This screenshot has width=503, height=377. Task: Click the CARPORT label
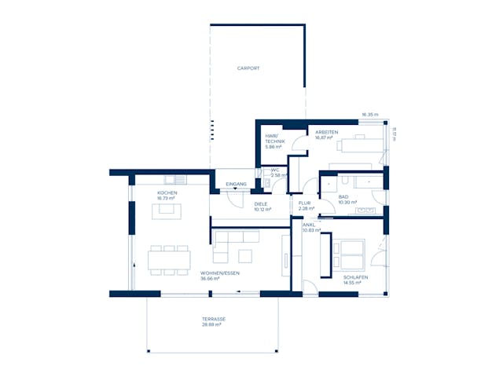[248, 68]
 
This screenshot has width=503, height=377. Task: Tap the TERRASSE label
[214, 319]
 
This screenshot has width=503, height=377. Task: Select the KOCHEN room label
[167, 193]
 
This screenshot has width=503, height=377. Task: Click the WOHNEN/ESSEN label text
[220, 273]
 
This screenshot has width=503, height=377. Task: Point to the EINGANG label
[236, 184]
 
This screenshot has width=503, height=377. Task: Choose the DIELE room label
[261, 203]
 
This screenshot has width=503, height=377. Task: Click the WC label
[275, 170]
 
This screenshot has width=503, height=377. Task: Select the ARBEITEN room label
[327, 133]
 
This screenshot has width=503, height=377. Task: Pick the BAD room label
[343, 197]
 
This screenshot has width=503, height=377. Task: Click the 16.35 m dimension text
[369, 115]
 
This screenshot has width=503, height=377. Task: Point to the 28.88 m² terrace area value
[211, 324]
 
